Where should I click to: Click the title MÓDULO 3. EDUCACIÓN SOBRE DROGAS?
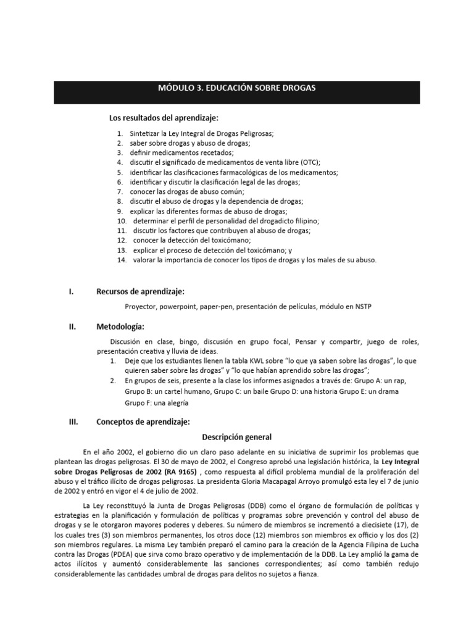tap(237, 88)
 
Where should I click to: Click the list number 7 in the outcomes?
tap(120, 192)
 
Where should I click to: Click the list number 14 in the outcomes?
tap(121, 260)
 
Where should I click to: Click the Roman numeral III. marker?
tap(73, 422)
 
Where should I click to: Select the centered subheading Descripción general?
tap(237, 437)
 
